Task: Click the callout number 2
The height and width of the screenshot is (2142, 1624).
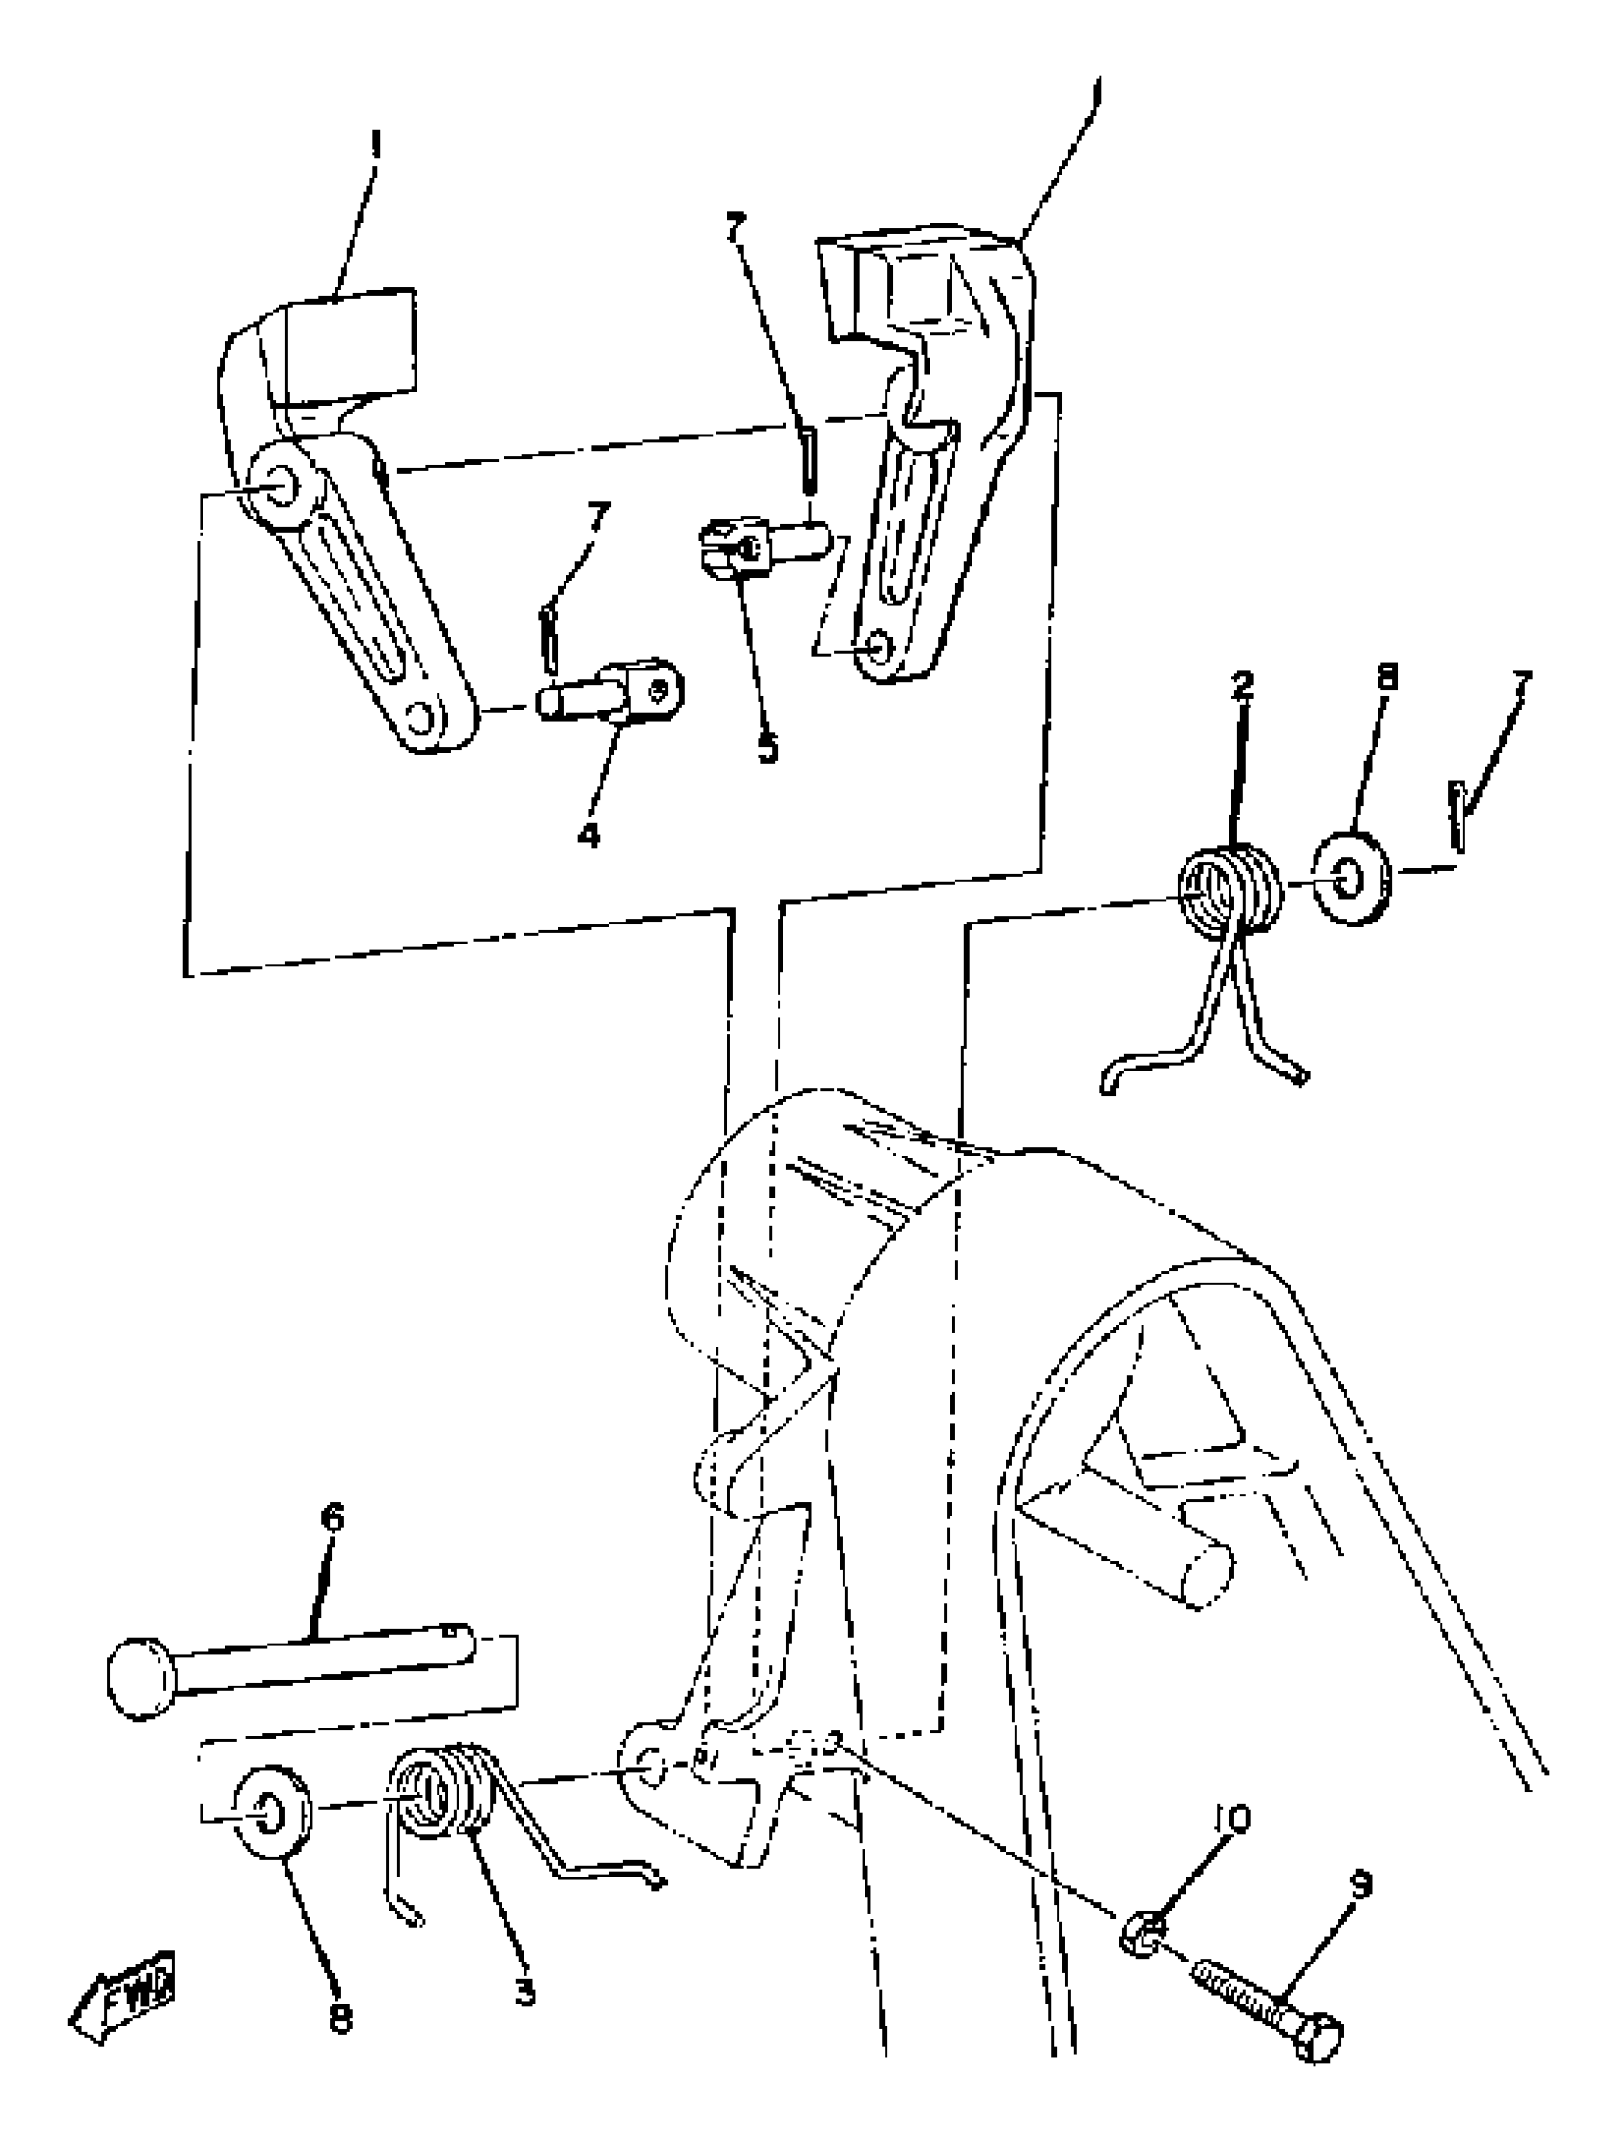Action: pyautogui.click(x=1243, y=686)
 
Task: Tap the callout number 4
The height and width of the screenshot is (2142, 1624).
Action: pyautogui.click(x=588, y=834)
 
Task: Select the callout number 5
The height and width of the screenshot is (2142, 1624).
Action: pyautogui.click(x=767, y=749)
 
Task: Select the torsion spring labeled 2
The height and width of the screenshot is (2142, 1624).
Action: pyautogui.click(x=1228, y=891)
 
